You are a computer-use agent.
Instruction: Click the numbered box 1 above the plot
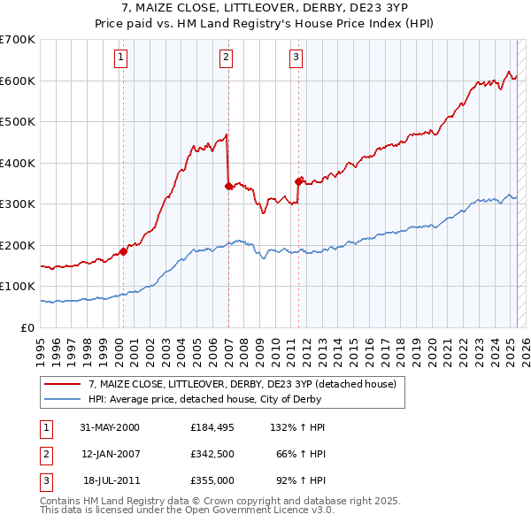coord(120,58)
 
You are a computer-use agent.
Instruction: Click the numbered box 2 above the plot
coord(227,58)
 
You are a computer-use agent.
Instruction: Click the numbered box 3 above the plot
coord(296,58)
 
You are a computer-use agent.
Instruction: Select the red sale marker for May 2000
coord(124,251)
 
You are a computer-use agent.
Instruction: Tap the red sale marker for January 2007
coord(228,186)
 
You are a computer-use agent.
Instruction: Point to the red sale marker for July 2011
coord(299,181)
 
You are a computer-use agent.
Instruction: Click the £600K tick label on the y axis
coord(17,81)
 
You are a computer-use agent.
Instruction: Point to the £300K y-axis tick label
coord(17,204)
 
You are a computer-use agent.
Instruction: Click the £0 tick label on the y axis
coord(27,327)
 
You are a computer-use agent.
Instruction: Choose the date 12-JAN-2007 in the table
coord(112,454)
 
